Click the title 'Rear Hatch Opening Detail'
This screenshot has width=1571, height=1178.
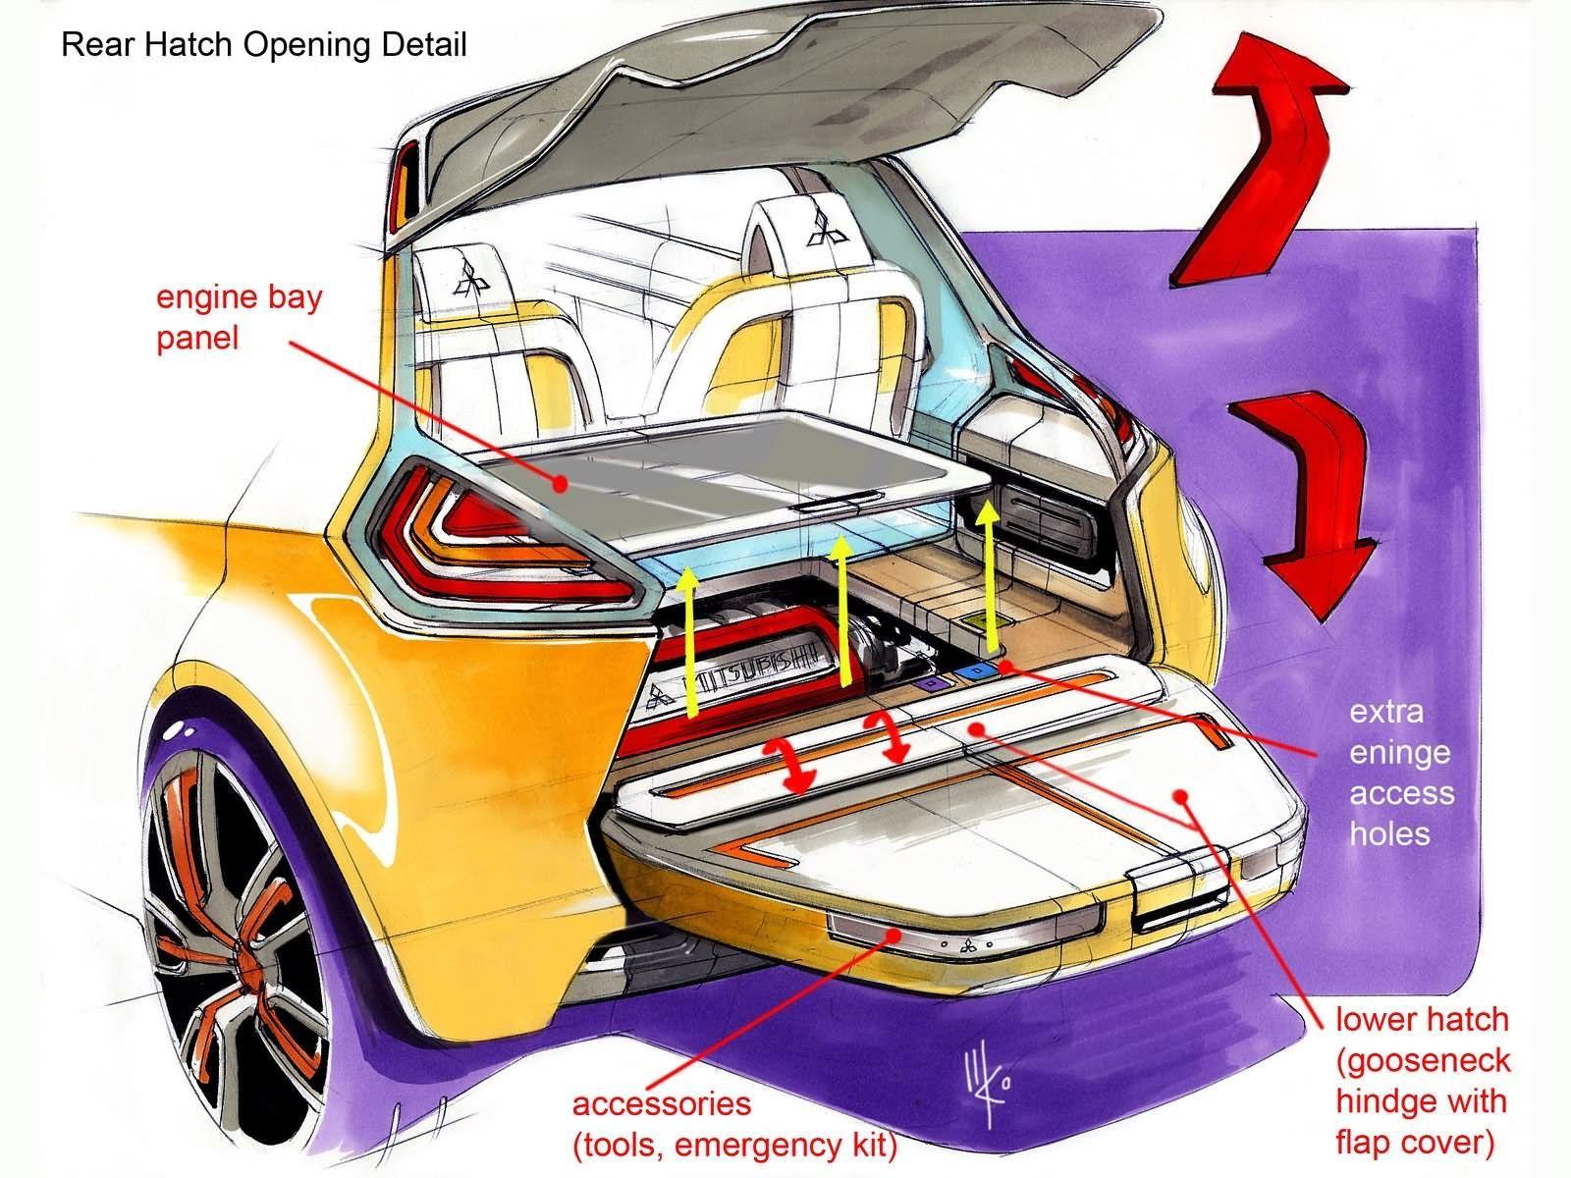[264, 45]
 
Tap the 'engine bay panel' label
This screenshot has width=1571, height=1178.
[239, 317]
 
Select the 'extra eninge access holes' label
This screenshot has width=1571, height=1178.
[1401, 774]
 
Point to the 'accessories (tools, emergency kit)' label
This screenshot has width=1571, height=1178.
[734, 1125]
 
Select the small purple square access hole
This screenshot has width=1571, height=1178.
[931, 684]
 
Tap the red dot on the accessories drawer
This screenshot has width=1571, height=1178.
[894, 936]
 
